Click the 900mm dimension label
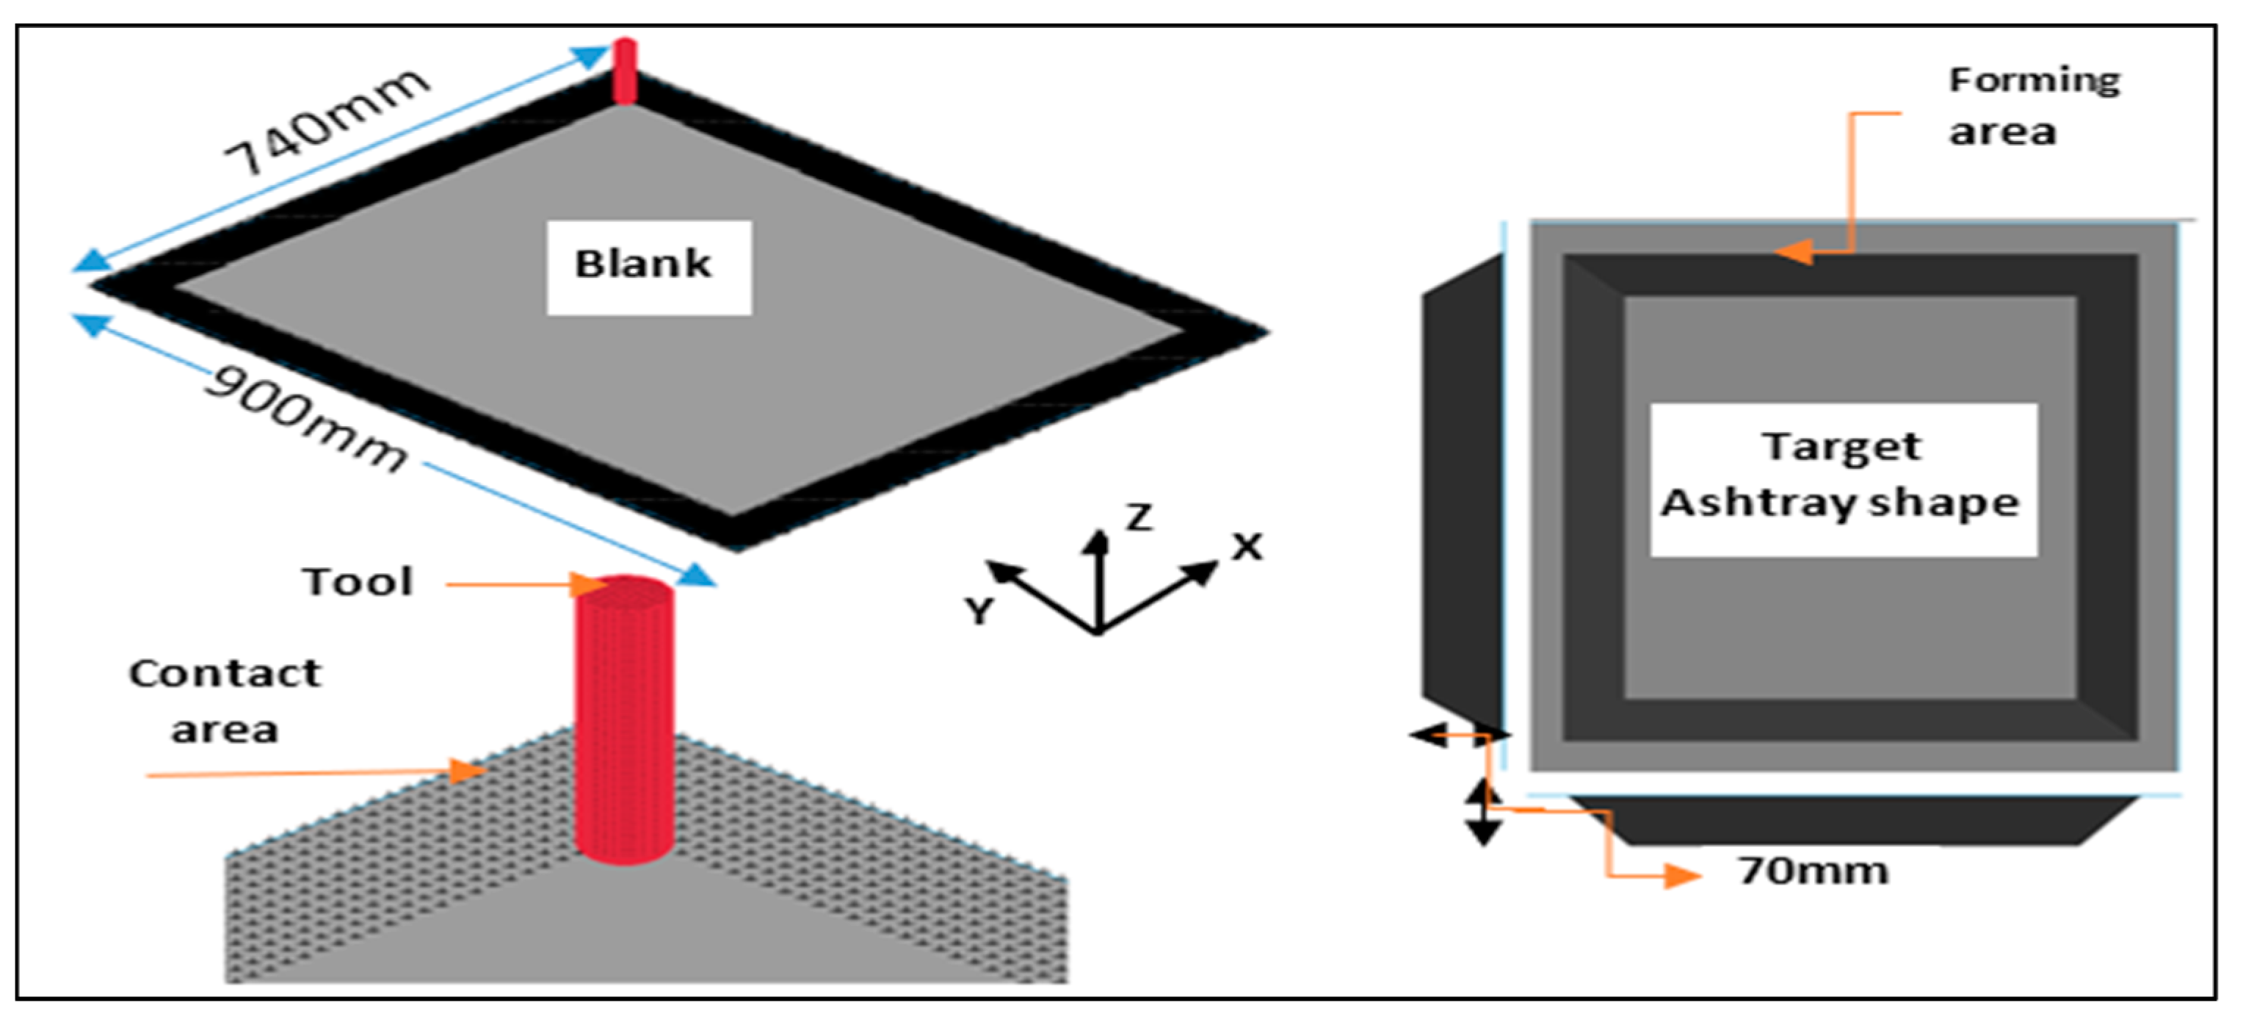(306, 417)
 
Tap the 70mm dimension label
(1813, 871)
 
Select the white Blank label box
(648, 267)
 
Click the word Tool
(357, 582)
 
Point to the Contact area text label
(225, 700)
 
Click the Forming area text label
(2034, 106)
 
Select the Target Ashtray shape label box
(1843, 479)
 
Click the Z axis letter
(1138, 517)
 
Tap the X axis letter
(1246, 548)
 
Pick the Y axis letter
(980, 610)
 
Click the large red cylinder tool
(625, 718)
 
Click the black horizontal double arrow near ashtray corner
(1459, 736)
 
